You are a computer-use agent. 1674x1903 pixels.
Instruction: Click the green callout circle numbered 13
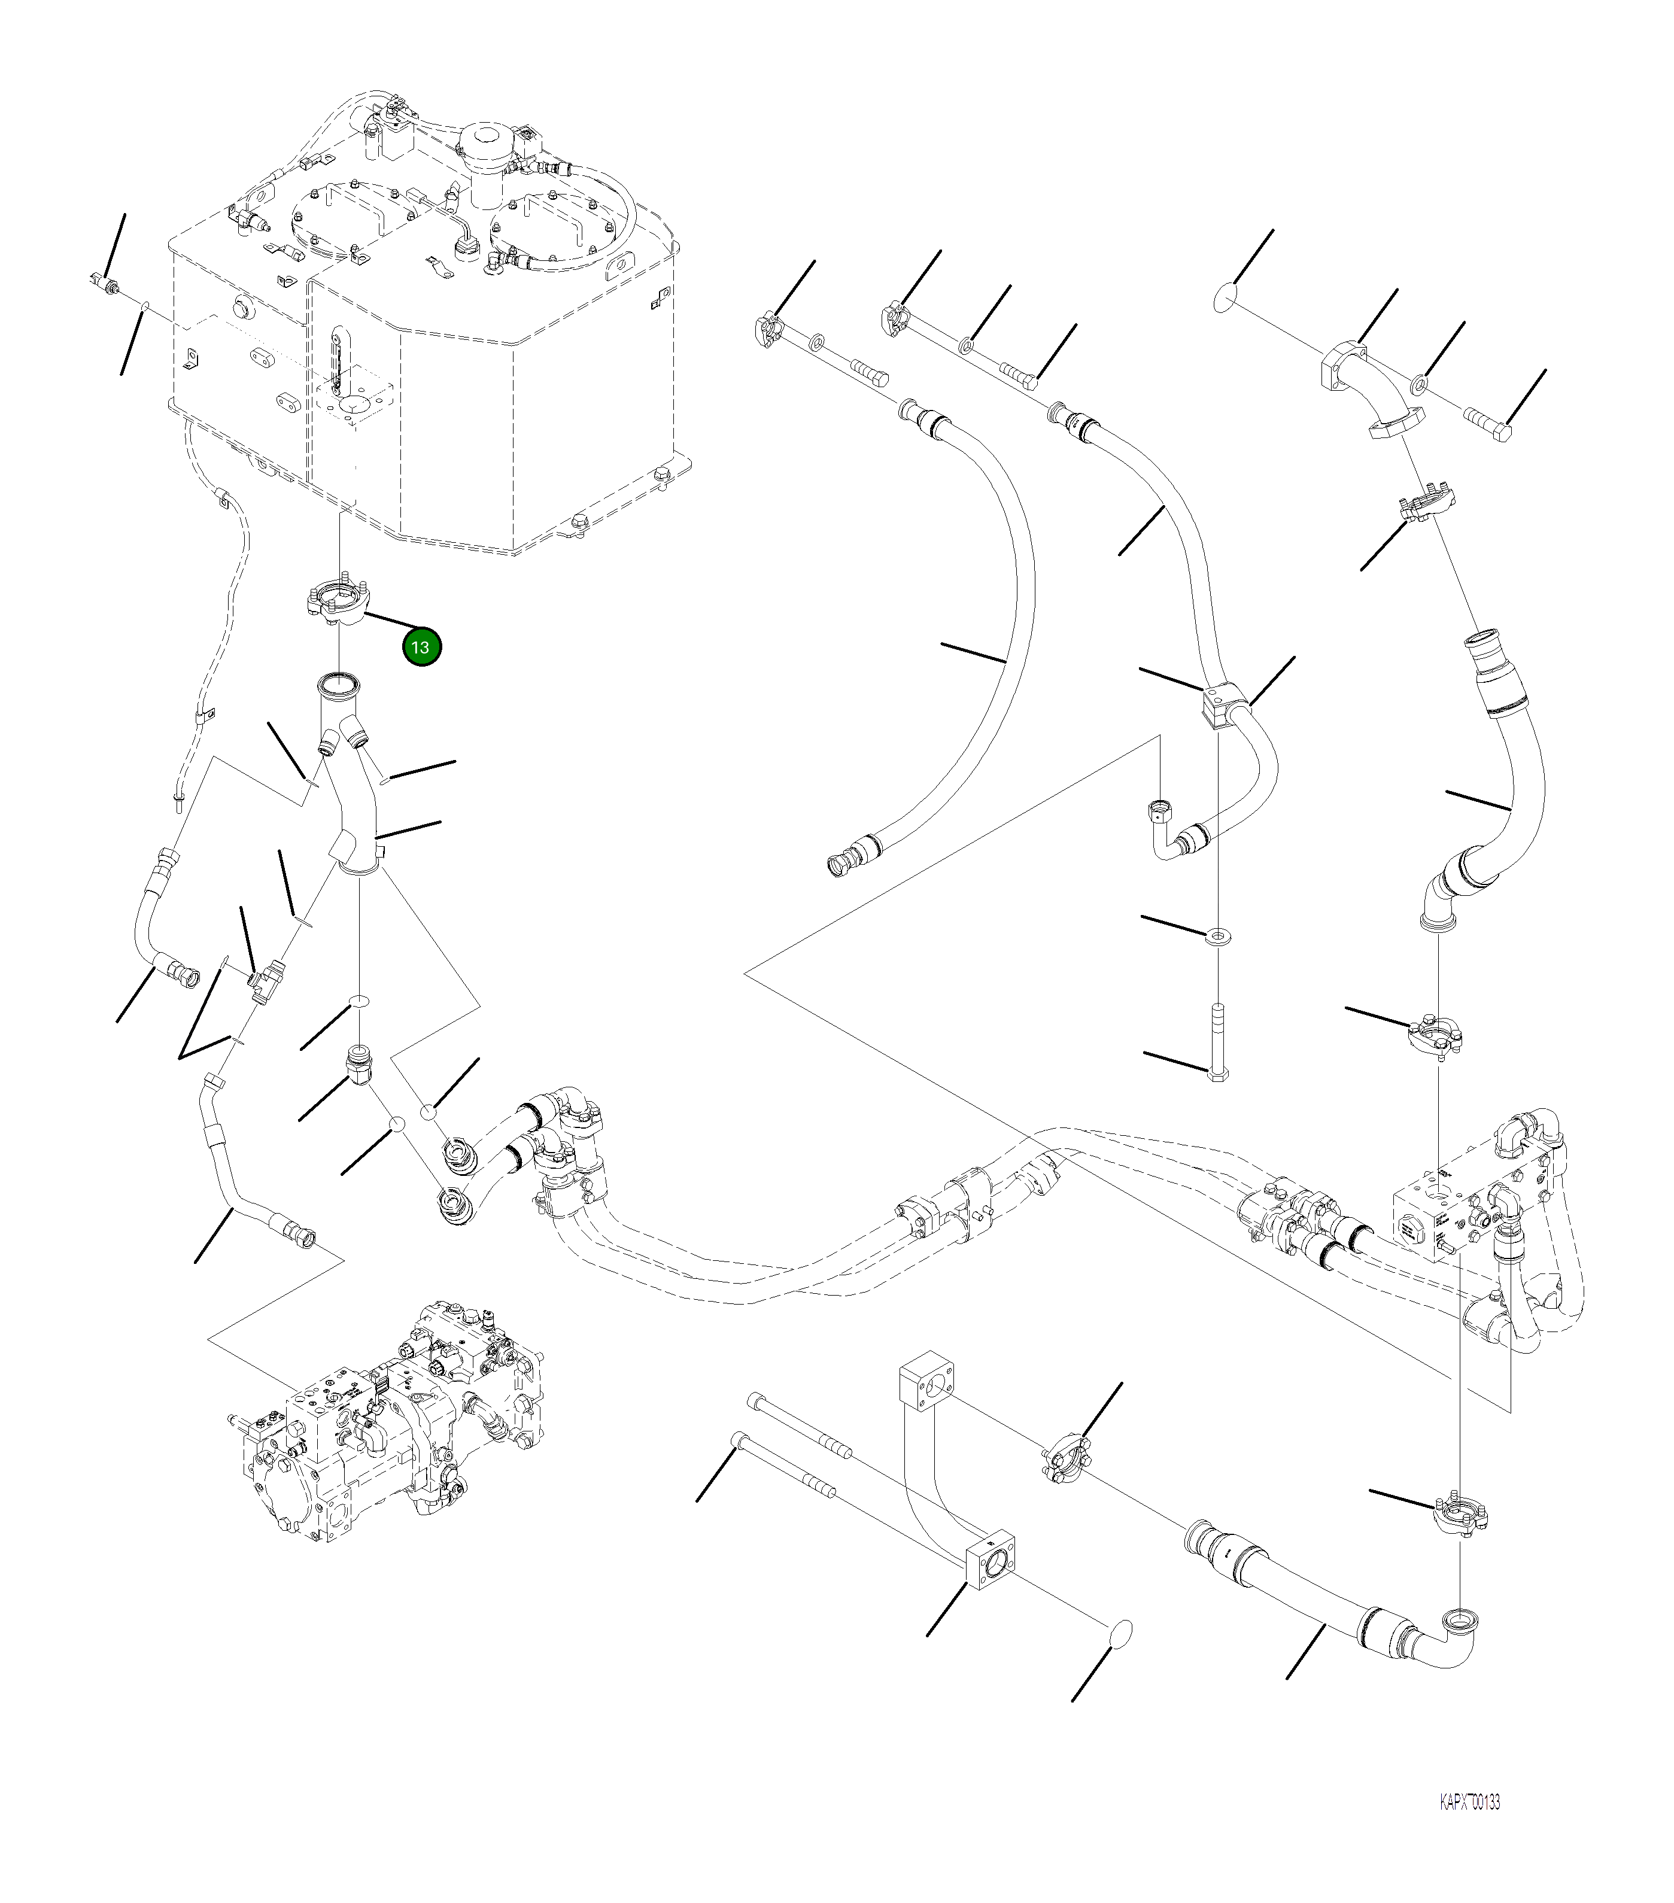[x=421, y=647]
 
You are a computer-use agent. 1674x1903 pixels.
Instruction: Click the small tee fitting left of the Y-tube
[x=265, y=980]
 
